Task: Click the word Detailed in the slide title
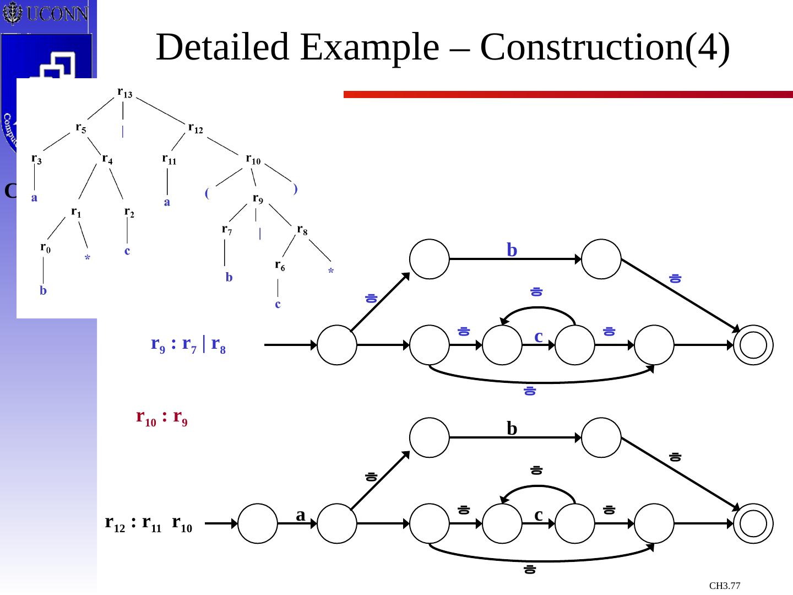[222, 47]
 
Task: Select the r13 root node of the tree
[124, 92]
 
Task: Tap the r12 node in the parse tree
[195, 128]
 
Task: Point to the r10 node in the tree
[253, 159]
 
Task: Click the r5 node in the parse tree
[80, 128]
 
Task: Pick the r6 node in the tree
[280, 266]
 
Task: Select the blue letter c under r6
[278, 304]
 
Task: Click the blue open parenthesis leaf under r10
[207, 193]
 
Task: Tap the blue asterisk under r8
[331, 272]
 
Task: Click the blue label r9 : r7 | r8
[188, 345]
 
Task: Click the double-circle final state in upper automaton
[753, 345]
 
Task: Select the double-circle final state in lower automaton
[753, 523]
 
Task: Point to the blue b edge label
[512, 250]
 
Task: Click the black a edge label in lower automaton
[300, 515]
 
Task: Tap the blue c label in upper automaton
[539, 336]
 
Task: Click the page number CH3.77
[724, 585]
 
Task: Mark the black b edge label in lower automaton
[512, 429]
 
